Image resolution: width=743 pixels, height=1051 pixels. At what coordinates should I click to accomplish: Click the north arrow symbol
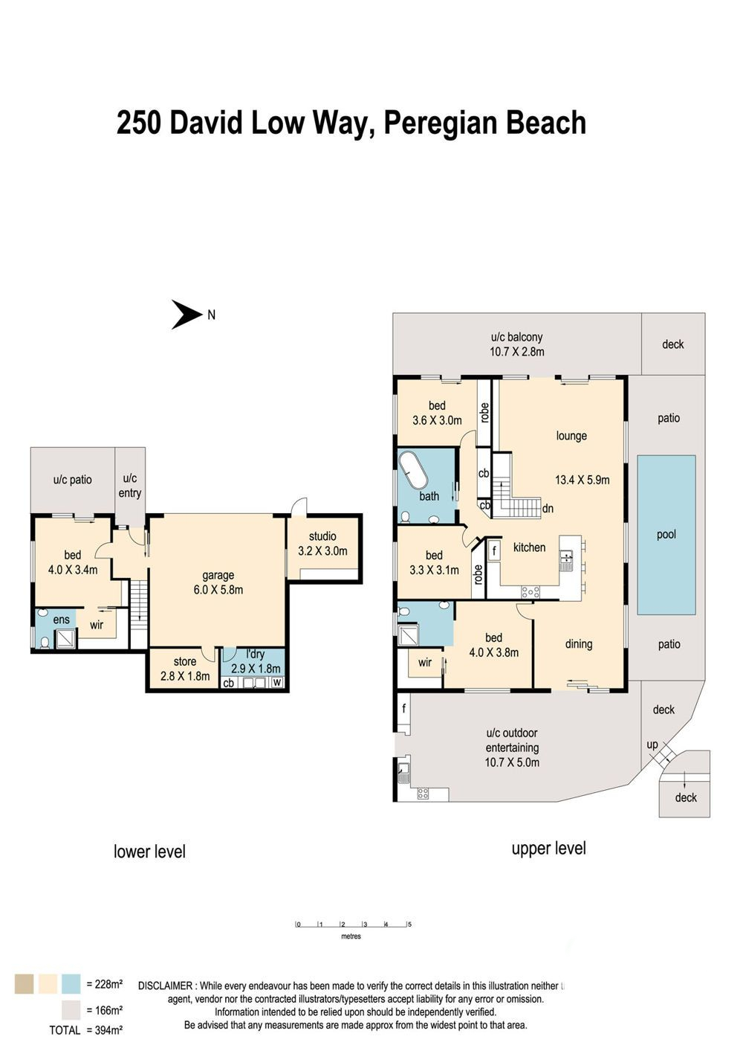186,315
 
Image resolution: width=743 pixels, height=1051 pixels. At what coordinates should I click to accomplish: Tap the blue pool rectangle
666,535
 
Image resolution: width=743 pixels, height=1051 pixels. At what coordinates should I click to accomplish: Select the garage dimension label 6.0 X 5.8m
218,590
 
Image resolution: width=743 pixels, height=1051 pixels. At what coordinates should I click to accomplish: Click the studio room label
322,536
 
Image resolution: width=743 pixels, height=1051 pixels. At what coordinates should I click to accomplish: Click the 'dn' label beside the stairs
548,508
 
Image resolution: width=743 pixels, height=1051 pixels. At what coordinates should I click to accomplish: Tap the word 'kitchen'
529,547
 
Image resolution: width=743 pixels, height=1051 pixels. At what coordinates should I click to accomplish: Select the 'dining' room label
579,644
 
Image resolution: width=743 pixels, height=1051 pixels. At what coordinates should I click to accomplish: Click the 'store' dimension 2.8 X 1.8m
185,676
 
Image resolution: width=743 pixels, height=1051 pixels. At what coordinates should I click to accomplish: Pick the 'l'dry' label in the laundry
255,654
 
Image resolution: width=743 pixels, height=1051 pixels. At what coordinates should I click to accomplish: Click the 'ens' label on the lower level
61,620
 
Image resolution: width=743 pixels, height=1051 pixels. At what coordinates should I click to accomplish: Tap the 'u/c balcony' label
516,337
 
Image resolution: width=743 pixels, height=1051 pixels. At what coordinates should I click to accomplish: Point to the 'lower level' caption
149,852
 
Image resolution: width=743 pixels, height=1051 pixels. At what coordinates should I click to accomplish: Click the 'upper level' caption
548,848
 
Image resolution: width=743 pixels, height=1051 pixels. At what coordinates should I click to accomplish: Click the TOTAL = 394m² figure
85,1030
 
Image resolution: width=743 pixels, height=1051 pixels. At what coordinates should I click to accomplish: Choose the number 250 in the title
140,123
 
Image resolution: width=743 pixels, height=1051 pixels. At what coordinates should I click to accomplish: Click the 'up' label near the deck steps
652,745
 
